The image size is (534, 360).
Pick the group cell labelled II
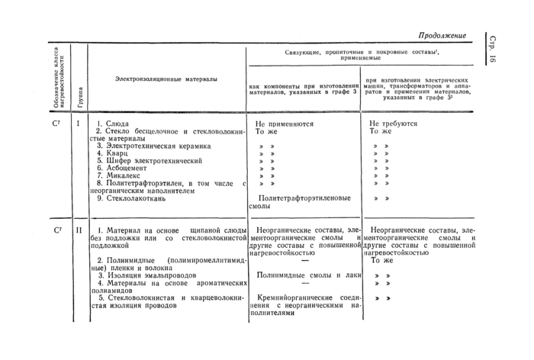[79, 230]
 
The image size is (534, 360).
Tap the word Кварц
[113, 153]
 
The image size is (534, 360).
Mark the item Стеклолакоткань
[135, 198]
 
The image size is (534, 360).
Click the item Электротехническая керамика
[152, 146]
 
